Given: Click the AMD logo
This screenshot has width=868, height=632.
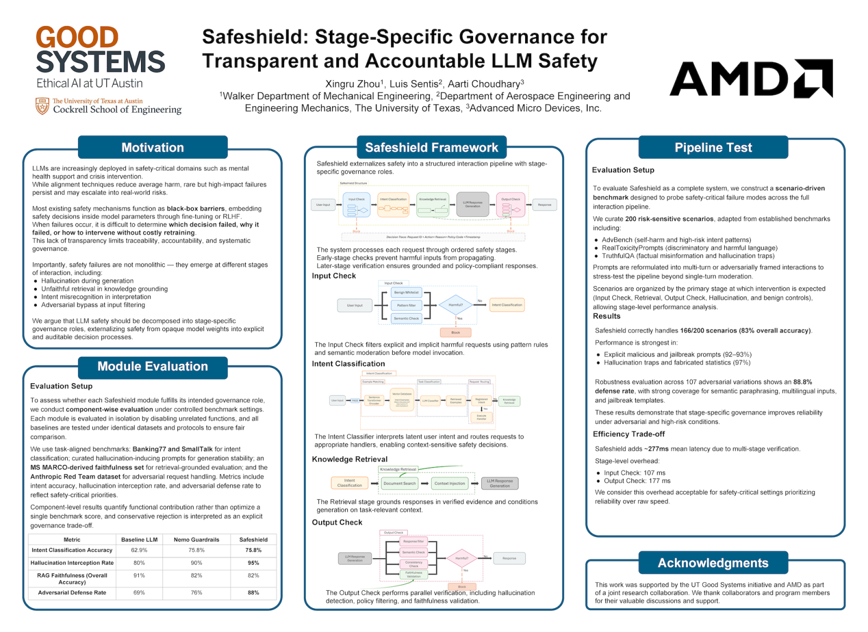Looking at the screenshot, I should coord(751,79).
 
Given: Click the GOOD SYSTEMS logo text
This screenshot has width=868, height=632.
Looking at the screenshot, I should coord(100,50).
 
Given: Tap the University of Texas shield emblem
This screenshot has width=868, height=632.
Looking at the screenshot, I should coord(42,106).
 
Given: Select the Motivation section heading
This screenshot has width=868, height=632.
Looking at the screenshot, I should coord(152,147).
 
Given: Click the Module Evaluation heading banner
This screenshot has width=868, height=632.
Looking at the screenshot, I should coord(152,366).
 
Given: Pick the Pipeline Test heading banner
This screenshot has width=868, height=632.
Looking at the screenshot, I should coord(713,147).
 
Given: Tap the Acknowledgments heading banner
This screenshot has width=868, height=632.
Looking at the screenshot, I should coord(713,563).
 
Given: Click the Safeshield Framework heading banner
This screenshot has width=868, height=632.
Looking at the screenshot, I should coord(431,147).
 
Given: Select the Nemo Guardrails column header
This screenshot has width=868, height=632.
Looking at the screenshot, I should coord(196,539).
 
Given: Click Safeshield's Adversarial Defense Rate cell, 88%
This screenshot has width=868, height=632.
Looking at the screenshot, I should coord(253,592).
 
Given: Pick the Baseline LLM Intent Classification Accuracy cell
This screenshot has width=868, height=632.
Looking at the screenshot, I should coord(139,550).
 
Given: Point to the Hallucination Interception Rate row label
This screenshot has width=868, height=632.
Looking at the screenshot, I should coord(72,563).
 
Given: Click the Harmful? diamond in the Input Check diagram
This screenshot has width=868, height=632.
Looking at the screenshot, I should coord(456,305).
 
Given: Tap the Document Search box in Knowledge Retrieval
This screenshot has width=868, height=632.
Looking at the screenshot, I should coord(399,483).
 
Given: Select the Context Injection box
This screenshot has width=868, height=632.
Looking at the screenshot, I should coord(450,483).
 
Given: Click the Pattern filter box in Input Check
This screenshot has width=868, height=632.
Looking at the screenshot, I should coord(406,305).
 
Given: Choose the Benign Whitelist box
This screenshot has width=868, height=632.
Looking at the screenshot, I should coord(406,292).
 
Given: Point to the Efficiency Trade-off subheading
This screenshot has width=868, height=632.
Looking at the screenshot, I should coord(629,434).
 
